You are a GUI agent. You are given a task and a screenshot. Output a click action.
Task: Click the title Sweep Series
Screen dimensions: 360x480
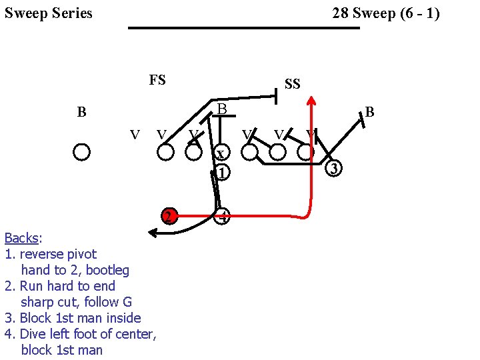49,13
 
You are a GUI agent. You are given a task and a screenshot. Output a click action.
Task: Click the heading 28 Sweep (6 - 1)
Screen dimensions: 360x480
385,13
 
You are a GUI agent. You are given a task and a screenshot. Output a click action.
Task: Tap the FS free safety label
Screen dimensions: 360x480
157,81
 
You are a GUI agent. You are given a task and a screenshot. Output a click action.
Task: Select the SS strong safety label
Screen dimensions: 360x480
292,84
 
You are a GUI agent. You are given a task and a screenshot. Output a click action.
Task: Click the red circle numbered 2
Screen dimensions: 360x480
170,216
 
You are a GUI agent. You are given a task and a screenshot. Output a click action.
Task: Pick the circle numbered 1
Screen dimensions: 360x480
223,172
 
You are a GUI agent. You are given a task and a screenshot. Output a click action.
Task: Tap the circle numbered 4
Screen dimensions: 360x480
223,216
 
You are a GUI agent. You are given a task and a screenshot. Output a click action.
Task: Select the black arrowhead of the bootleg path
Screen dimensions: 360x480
152,233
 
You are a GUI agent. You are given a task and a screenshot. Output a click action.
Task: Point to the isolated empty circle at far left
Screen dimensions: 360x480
82,152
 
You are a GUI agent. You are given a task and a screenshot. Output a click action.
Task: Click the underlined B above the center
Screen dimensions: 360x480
223,108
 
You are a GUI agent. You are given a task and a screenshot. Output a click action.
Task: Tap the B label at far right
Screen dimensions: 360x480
370,113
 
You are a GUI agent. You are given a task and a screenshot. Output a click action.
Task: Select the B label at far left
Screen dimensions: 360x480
81,112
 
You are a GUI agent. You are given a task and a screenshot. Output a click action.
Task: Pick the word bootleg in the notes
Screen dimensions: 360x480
104,270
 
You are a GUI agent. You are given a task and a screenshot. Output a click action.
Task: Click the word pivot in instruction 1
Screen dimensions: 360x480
82,254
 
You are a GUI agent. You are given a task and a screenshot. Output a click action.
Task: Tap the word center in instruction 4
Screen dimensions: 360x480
135,334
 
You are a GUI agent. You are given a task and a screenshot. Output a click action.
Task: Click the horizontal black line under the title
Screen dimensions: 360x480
244,28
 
